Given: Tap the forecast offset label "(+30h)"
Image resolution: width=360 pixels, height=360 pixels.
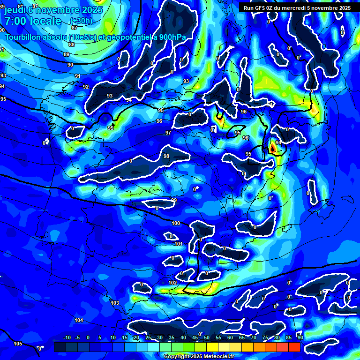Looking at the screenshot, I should (81, 21).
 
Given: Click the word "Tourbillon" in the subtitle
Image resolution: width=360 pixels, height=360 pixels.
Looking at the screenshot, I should (23, 37).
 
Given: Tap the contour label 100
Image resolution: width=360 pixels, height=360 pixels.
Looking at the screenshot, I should (176, 223).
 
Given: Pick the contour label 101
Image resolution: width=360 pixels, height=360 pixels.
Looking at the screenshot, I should (179, 244).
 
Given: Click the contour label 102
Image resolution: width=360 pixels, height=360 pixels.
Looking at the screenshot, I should (172, 283).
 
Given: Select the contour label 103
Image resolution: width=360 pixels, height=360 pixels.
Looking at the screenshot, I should (115, 303).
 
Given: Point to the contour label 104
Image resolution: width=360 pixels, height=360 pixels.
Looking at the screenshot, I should (79, 320).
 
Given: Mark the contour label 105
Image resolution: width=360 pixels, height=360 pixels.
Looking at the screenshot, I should (18, 344).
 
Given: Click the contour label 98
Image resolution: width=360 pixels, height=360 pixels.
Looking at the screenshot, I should (166, 156).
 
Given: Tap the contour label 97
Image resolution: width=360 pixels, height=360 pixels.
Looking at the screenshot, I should (168, 133).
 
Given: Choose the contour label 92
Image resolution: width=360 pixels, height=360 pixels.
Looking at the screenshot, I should (86, 87).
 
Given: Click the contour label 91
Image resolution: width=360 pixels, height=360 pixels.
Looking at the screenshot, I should (78, 76).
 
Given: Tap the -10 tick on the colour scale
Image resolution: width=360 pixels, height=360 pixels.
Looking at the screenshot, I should (67, 337).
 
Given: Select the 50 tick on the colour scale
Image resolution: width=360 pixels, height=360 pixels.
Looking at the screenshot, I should (206, 337).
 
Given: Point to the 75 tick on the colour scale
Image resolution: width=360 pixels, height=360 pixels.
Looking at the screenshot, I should (265, 337).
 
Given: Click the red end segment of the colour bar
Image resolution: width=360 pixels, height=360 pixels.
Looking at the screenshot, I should (294, 347).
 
